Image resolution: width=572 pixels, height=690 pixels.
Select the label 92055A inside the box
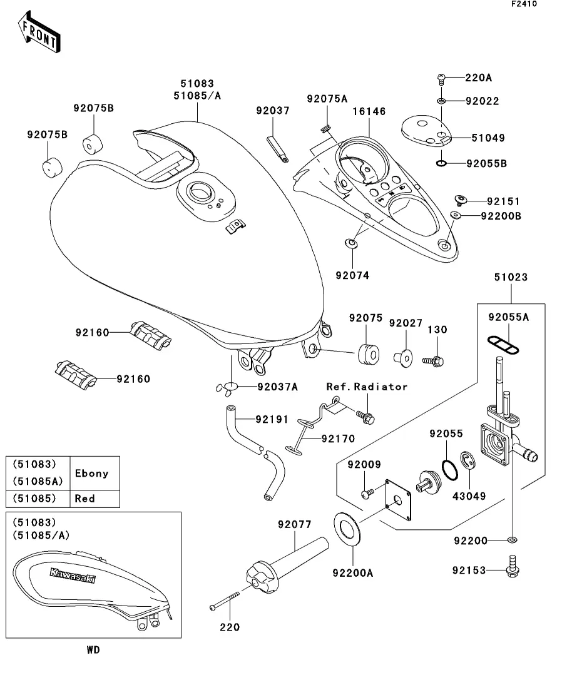(508, 318)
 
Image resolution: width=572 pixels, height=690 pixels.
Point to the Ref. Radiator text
(367, 387)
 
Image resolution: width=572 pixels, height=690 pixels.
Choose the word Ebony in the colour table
(92, 474)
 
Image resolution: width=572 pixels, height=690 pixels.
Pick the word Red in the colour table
(84, 499)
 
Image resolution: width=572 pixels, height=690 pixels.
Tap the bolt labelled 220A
(441, 78)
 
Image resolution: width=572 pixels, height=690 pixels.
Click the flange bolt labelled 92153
(513, 570)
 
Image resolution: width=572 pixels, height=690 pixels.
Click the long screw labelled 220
(225, 601)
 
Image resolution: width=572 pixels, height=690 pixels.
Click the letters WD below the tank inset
(93, 650)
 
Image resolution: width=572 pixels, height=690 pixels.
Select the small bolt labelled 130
(432, 361)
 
